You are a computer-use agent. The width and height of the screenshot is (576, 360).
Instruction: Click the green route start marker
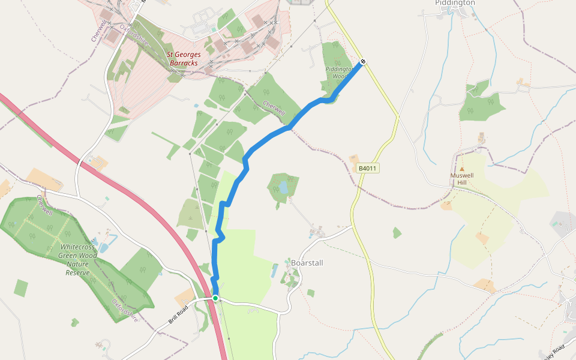(215, 298)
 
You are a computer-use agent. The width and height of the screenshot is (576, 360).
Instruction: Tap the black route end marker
(362, 62)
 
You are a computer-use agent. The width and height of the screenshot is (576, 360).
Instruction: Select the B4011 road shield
(367, 169)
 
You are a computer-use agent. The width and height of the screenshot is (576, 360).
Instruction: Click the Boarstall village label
(308, 263)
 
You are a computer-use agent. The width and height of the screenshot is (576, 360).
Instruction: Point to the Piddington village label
(454, 3)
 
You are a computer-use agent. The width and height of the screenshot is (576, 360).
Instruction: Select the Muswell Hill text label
(462, 179)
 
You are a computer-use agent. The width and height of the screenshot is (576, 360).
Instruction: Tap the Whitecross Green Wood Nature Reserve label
(79, 259)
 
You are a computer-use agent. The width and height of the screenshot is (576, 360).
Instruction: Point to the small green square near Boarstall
(311, 293)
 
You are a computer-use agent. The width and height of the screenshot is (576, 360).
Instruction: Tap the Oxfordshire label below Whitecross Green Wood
(124, 310)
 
